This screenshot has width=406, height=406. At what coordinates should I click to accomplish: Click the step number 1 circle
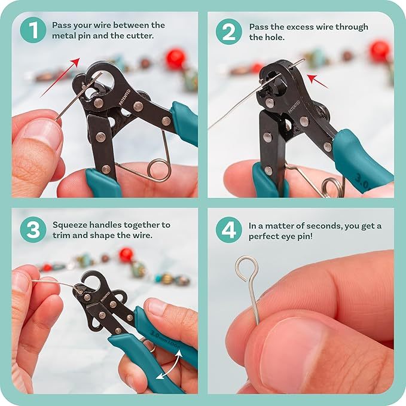(x=32, y=30)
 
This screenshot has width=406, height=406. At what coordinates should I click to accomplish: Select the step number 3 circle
(x=32, y=230)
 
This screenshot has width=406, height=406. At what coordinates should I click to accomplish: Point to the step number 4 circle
(x=229, y=230)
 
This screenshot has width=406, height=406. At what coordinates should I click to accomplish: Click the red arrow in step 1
(x=60, y=77)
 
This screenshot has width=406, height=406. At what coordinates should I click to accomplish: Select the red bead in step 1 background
(x=175, y=59)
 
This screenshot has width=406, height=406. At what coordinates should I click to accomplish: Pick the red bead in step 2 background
(x=380, y=51)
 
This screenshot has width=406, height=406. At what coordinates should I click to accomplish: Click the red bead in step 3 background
(x=126, y=254)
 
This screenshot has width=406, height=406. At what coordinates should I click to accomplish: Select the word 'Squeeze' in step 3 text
(x=70, y=225)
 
